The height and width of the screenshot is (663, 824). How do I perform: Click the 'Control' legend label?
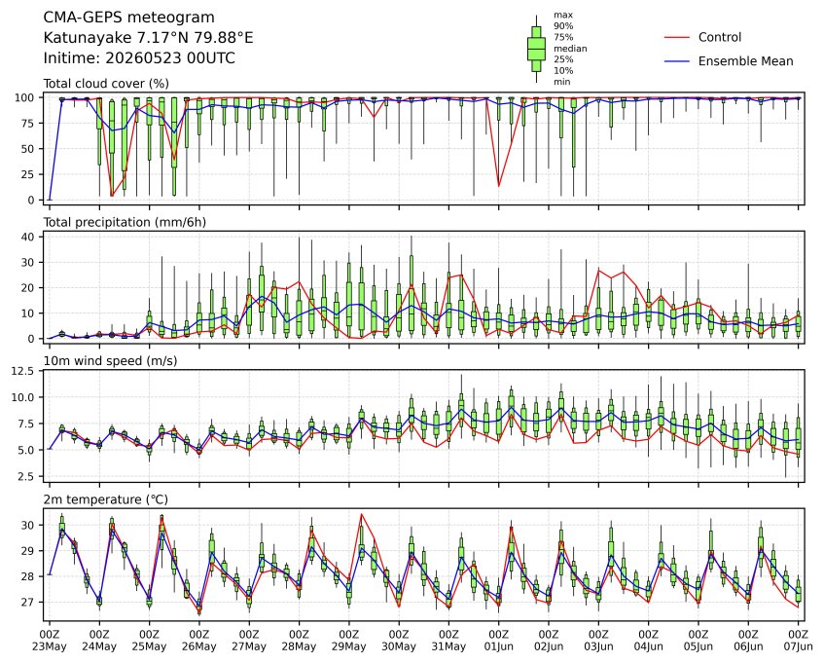720,37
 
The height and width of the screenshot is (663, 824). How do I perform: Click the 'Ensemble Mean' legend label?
745,61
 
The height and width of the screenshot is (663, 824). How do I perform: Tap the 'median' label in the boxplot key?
570,49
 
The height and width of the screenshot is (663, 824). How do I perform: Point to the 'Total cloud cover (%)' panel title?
106,84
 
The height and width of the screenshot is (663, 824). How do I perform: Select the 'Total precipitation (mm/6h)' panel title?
125,222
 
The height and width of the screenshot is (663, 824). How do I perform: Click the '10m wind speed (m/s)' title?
110,361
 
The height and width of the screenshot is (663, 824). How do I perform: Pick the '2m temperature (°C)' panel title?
106,499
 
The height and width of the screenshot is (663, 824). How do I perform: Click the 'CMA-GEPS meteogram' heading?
128,18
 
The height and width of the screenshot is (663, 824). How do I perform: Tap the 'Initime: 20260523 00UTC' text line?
139,57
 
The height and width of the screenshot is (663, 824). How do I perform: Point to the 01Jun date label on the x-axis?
498,646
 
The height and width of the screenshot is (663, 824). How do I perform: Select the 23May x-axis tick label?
50,646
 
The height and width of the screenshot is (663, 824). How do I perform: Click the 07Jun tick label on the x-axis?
799,646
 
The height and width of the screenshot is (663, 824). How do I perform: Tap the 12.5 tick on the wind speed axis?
23,371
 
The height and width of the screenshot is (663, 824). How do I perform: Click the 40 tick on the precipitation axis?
28,238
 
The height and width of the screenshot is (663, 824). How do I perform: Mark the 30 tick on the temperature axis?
28,526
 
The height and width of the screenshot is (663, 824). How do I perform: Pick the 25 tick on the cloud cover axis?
28,174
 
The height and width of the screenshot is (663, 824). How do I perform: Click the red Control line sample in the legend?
677,37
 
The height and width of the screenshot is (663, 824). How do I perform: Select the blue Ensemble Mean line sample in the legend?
677,61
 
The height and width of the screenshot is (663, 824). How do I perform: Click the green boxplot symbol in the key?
536,49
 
